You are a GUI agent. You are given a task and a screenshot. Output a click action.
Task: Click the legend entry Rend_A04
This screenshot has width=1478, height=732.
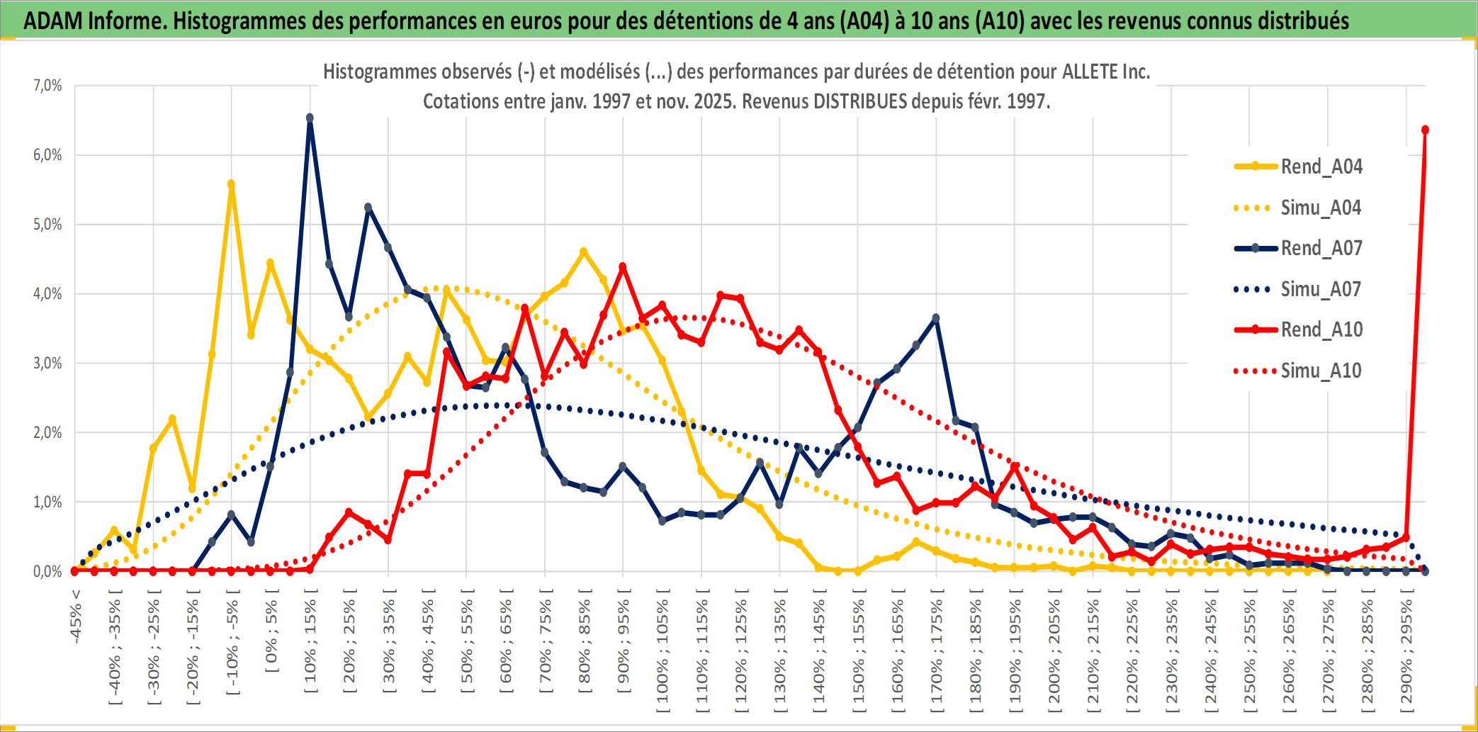click(1321, 167)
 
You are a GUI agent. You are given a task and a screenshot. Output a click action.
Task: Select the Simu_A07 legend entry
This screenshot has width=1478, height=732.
click(1321, 289)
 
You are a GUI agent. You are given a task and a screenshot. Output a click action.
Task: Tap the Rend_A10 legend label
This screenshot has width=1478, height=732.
click(1321, 330)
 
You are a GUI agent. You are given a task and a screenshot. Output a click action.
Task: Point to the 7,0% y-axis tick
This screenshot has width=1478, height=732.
click(47, 86)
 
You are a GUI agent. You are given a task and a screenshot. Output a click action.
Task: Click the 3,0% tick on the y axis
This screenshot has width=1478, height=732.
click(47, 364)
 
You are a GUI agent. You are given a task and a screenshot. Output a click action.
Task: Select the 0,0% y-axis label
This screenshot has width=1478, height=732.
click(47, 571)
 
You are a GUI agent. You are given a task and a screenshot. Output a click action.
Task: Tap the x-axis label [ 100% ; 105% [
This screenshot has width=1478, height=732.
click(662, 652)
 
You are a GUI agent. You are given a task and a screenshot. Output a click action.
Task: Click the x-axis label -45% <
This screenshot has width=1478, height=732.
click(76, 616)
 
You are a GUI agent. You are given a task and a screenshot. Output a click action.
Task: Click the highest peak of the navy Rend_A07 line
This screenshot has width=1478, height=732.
click(310, 118)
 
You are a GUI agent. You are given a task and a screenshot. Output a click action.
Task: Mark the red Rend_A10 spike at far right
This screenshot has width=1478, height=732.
click(1425, 130)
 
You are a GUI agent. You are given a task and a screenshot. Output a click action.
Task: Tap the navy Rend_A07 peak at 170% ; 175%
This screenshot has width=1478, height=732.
click(936, 318)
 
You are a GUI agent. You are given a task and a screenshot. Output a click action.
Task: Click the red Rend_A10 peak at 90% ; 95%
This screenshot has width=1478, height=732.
click(623, 267)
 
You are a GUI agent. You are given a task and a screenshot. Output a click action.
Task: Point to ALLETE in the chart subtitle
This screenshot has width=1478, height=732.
click(1090, 72)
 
